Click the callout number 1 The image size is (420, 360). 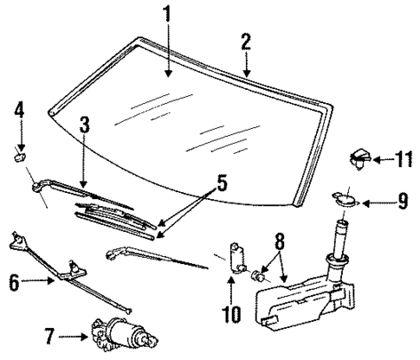(168, 15)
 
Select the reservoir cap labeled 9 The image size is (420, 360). (346, 201)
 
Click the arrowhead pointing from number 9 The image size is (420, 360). (365, 204)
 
